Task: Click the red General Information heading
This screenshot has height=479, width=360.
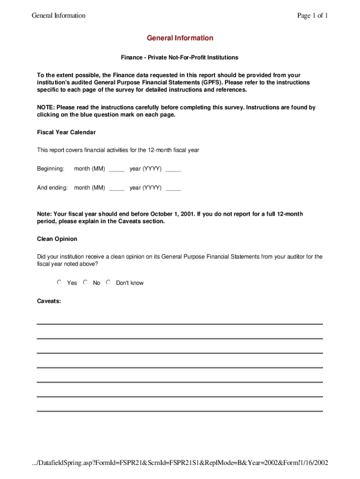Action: pyautogui.click(x=180, y=38)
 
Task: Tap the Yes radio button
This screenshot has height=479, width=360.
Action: pyautogui.click(x=59, y=282)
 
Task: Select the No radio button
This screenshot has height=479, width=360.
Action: pyautogui.click(x=85, y=282)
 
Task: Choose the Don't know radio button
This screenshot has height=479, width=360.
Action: pyautogui.click(x=108, y=282)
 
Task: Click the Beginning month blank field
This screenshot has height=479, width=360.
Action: pyautogui.click(x=116, y=169)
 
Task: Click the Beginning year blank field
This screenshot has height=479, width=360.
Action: pyautogui.click(x=173, y=169)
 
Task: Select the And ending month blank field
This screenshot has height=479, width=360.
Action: pyautogui.click(x=116, y=189)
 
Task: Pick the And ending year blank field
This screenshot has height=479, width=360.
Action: pyautogui.click(x=173, y=189)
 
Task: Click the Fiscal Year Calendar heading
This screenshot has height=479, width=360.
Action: pyautogui.click(x=66, y=132)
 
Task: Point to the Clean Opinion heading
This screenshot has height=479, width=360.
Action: pyautogui.click(x=57, y=239)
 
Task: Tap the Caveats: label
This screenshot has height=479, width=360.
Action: pyautogui.click(x=49, y=301)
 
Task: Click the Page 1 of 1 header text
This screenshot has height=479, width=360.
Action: pyautogui.click(x=312, y=15)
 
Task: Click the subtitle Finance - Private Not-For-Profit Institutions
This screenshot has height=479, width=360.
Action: pyautogui.click(x=180, y=58)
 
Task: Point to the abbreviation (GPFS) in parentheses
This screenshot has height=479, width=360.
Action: pyautogui.click(x=212, y=82)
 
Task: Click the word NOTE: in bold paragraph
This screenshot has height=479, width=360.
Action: pyautogui.click(x=46, y=108)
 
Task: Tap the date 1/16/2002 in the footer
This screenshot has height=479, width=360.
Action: pyautogui.click(x=313, y=463)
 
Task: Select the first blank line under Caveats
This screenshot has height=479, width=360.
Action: pyautogui.click(x=180, y=324)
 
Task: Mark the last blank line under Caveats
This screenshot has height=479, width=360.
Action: pyautogui.click(x=180, y=411)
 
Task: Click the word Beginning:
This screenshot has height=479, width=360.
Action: pyautogui.click(x=50, y=168)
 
